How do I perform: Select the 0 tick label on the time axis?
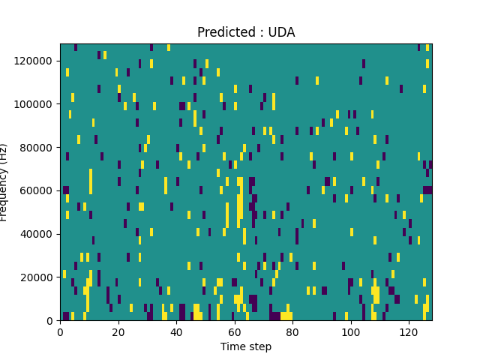(60, 331)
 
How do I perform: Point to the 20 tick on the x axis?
(118, 331)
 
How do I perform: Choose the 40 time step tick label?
(176, 331)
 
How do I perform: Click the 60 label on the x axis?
(235, 331)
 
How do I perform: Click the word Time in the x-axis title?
(232, 346)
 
